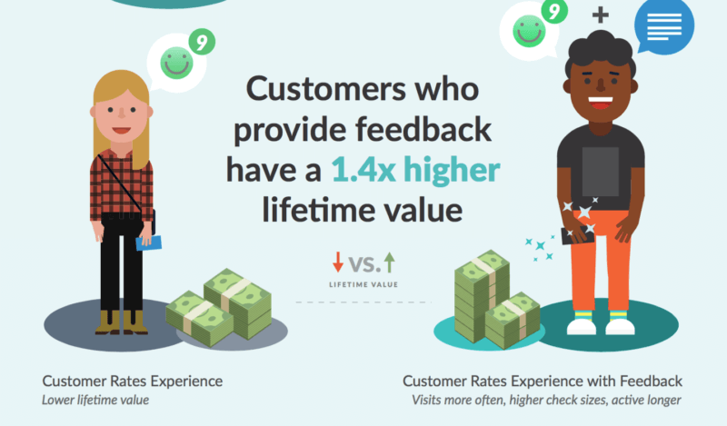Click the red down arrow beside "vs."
click(x=338, y=263)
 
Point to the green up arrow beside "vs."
click(x=390, y=263)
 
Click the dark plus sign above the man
click(x=600, y=15)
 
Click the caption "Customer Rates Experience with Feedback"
click(x=543, y=381)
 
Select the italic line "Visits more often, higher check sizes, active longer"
click(x=547, y=400)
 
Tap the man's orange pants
click(x=601, y=263)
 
